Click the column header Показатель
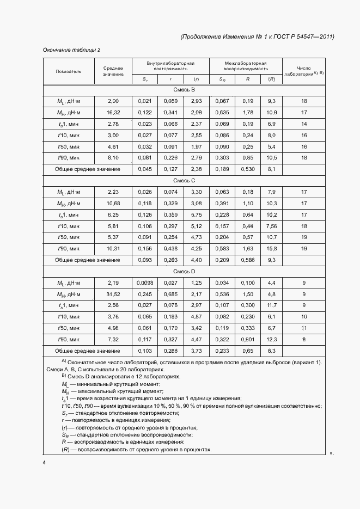pos(69,71)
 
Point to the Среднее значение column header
pos(113,71)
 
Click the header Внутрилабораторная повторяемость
pos(170,66)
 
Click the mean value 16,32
pos(113,113)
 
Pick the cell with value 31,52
pos(113,295)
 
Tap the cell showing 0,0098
pos(145,283)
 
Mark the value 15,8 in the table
pos(272,249)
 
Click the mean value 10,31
pos(113,249)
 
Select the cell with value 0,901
pos(247,340)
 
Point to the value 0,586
pos(247,260)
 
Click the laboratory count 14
pos(304,124)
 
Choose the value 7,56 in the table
pos(272,226)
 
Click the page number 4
pos(45,463)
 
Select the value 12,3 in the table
pos(272,340)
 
